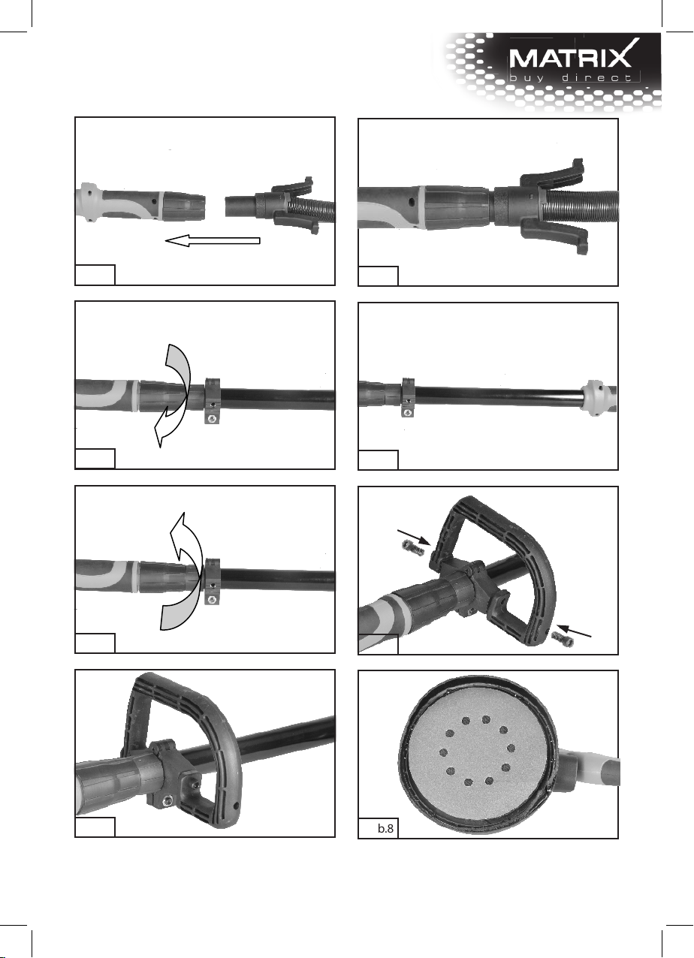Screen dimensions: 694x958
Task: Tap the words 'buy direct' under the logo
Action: click(571, 78)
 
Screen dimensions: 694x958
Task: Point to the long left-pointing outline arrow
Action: click(213, 241)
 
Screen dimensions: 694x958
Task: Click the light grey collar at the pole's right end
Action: click(597, 397)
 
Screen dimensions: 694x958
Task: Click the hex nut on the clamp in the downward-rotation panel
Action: click(211, 419)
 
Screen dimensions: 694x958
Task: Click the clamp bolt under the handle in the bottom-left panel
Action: click(167, 801)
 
